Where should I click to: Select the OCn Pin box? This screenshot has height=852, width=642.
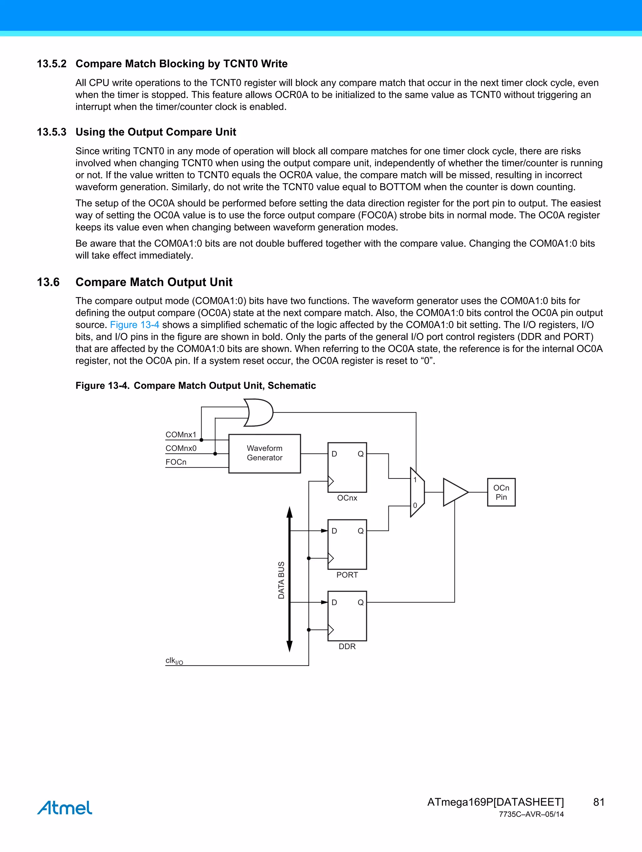point(501,492)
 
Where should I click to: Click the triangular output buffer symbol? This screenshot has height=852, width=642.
point(455,492)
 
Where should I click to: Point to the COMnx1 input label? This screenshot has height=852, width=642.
point(181,435)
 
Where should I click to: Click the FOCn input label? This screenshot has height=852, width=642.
point(176,462)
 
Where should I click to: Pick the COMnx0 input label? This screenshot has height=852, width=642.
point(181,448)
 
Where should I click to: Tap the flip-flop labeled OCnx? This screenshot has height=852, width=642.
point(347,468)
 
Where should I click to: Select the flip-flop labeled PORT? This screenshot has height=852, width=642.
point(347,545)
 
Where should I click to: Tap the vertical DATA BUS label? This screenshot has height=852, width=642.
point(281,580)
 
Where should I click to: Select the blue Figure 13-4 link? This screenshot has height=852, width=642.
point(134,325)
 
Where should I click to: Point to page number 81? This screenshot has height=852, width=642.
point(598,802)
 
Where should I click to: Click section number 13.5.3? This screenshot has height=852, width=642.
point(52,132)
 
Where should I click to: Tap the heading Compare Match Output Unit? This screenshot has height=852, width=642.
point(154,282)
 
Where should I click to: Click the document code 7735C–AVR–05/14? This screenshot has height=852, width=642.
point(531,814)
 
